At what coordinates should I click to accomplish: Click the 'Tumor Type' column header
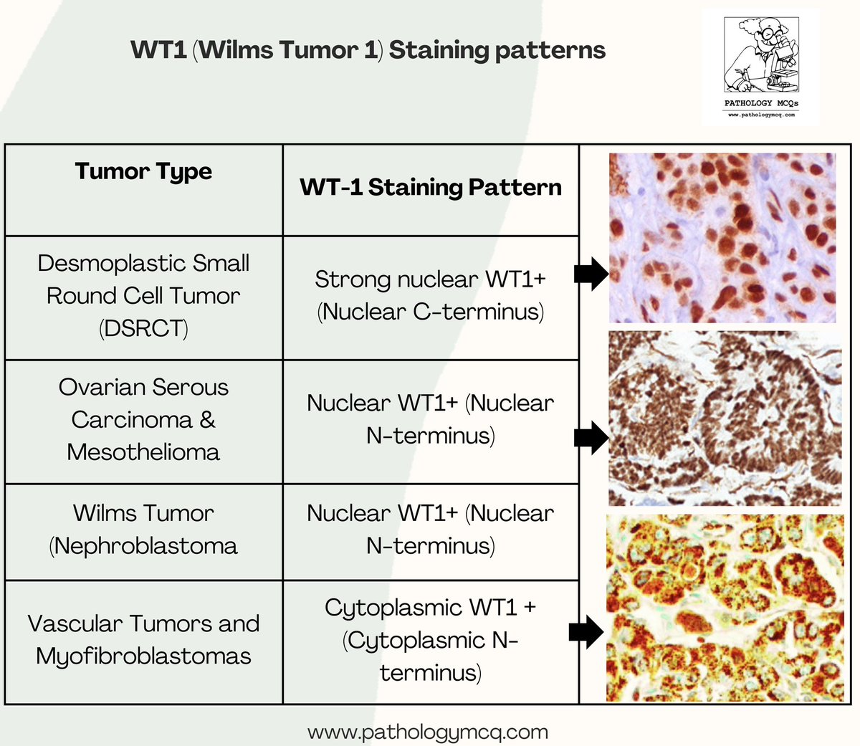pos(143,172)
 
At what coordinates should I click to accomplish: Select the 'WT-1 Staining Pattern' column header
pos(431,187)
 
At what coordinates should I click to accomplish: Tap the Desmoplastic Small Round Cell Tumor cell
pos(143,295)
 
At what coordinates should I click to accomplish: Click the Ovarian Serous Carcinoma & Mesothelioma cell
pos(143,419)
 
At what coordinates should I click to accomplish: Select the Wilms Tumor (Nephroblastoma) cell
pos(143,530)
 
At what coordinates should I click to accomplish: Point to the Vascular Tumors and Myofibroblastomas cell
pos(143,639)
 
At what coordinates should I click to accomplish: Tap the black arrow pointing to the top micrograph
pos(591,273)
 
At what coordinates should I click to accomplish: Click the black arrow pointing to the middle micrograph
pos(591,436)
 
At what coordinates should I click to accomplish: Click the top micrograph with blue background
pos(722,237)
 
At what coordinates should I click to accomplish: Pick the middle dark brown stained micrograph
pos(724,419)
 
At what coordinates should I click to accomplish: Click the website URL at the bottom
pos(428,732)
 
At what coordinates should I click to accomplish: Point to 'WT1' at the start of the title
pos(159,51)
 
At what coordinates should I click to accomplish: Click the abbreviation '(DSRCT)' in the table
pos(143,328)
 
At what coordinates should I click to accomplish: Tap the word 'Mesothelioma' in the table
pos(143,452)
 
